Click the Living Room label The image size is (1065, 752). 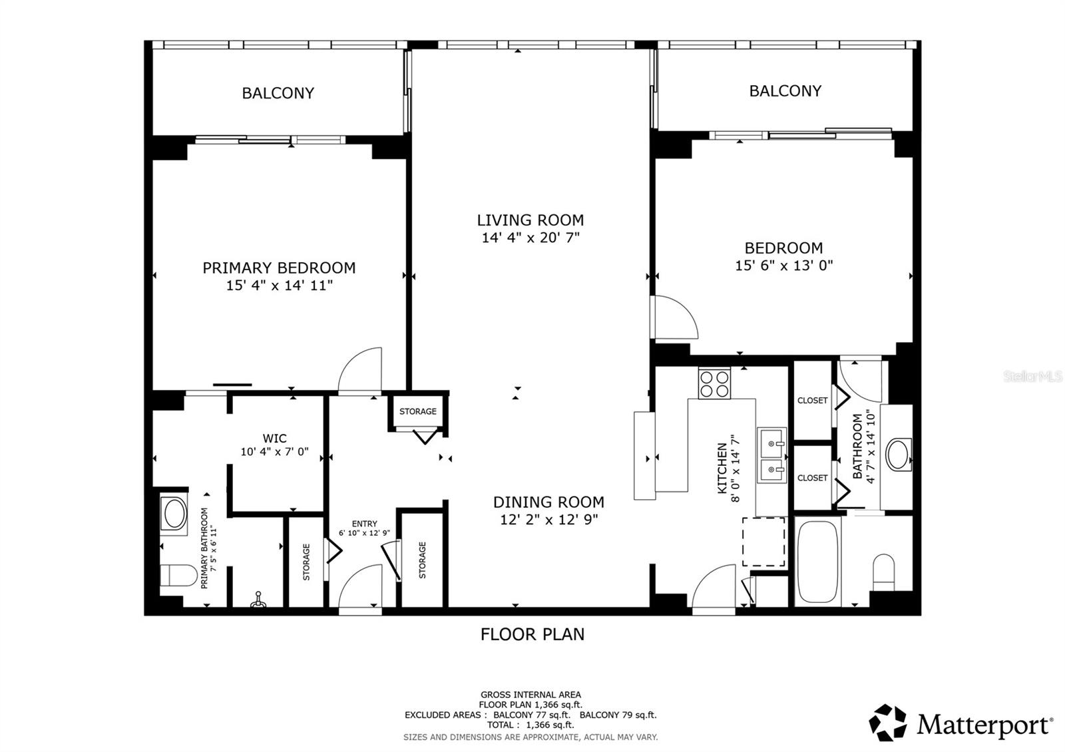(531, 220)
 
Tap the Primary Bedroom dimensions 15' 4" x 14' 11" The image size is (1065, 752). (279, 285)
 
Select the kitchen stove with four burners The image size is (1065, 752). (714, 383)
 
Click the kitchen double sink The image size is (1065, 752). (771, 457)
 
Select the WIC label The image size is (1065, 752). (275, 438)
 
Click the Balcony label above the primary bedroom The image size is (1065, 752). (278, 93)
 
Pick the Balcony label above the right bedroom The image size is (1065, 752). (785, 91)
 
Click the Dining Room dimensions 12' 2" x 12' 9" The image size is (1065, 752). (549, 520)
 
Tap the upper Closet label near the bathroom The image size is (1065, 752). (812, 401)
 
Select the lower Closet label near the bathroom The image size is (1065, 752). (812, 478)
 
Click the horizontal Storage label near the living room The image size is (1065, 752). (418, 412)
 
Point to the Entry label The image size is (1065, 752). (364, 524)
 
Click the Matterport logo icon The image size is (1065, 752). (888, 722)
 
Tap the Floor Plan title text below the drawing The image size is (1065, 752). (532, 634)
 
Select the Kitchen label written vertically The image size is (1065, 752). (722, 469)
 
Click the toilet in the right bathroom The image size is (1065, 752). (884, 572)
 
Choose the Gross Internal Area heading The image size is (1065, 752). (531, 695)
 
